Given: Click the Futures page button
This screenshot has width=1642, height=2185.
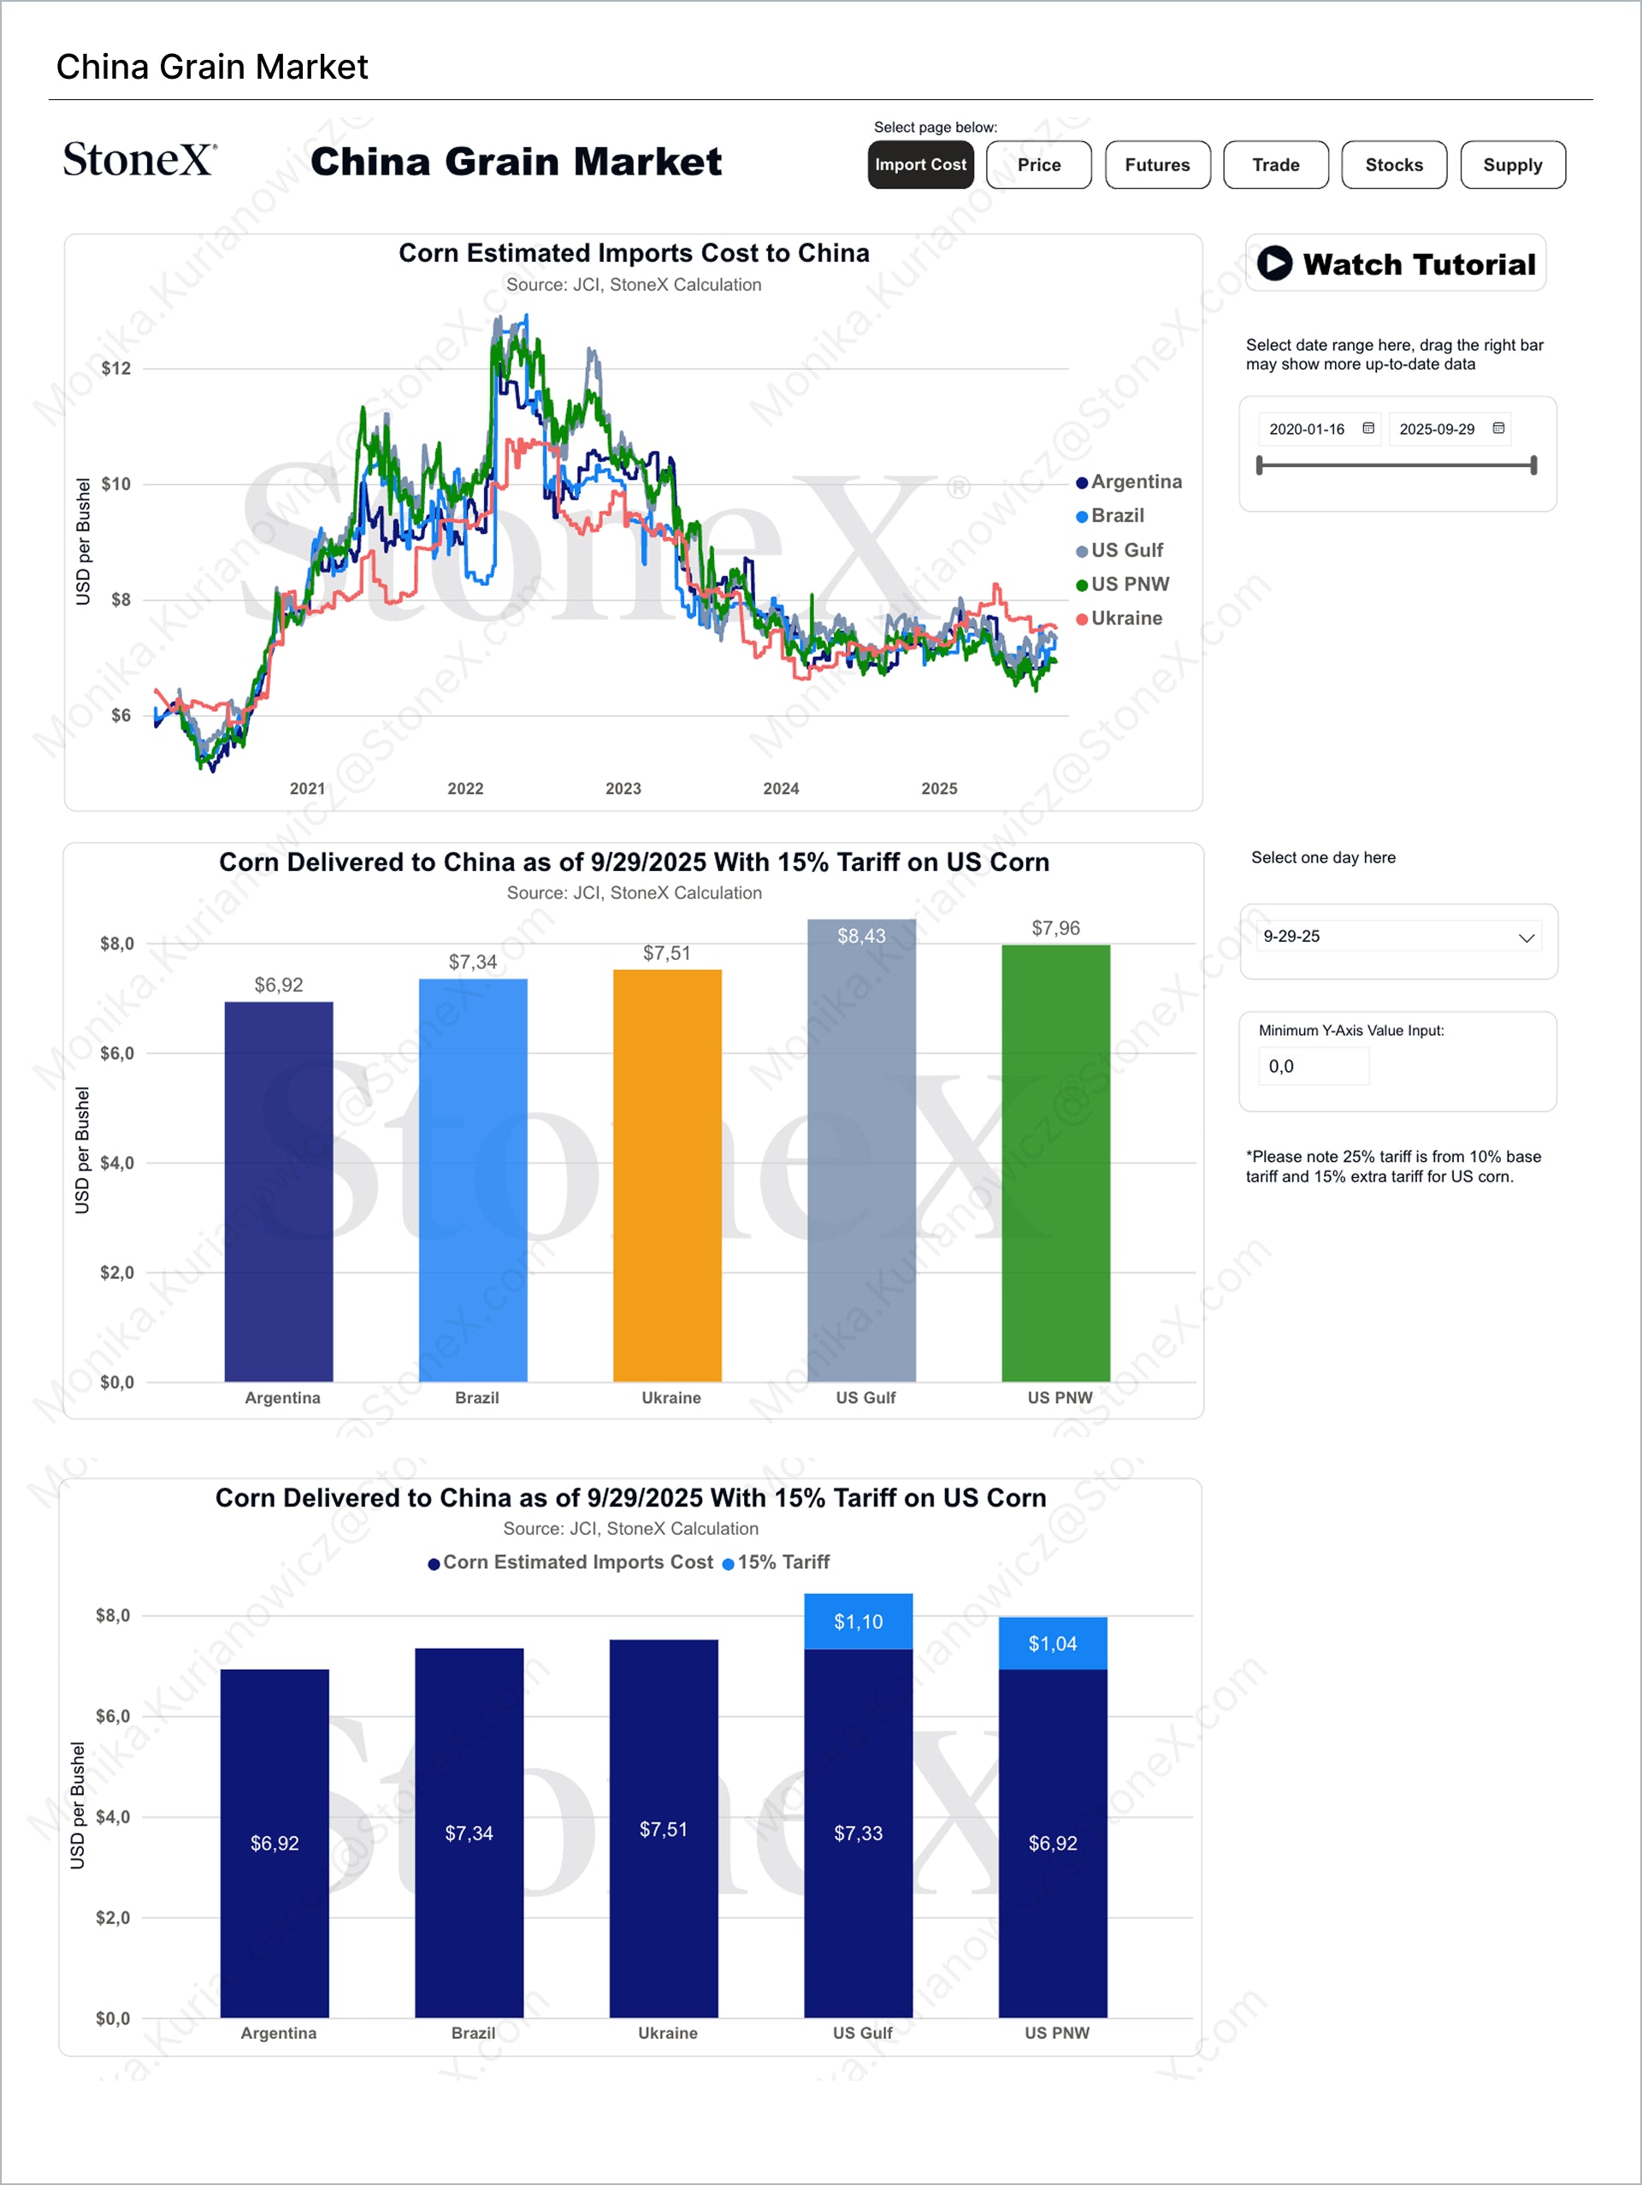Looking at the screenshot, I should click(x=1157, y=165).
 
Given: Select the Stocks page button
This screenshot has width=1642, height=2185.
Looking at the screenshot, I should click(x=1393, y=165).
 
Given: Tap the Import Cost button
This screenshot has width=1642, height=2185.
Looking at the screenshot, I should click(x=920, y=165).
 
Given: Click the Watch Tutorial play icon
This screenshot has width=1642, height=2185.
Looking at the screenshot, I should click(x=1273, y=264).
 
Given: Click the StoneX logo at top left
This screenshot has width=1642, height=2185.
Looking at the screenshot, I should click(x=139, y=160).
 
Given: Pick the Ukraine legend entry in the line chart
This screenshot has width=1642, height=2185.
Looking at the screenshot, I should click(x=1125, y=619).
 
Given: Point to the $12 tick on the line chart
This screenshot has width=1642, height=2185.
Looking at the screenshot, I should click(x=115, y=370).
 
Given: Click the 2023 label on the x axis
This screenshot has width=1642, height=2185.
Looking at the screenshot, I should click(x=623, y=788).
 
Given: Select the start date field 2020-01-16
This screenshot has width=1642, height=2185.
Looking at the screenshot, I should click(x=1306, y=429).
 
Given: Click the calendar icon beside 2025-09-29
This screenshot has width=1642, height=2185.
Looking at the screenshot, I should click(x=1497, y=429).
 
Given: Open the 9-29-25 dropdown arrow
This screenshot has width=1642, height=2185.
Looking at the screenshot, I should click(x=1526, y=938).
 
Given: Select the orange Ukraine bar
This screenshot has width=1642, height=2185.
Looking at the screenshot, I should click(x=667, y=1175).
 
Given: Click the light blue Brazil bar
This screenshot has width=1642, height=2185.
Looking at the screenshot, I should click(x=473, y=1181).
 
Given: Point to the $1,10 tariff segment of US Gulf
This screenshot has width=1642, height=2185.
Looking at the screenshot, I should click(x=858, y=1622).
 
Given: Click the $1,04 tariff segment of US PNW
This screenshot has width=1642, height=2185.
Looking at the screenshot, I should click(x=1053, y=1643).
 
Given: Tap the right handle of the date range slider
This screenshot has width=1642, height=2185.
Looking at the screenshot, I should click(x=1533, y=465).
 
